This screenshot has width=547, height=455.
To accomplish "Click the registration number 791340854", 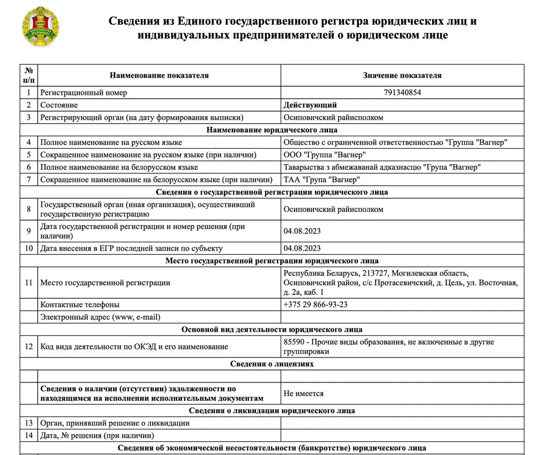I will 403,93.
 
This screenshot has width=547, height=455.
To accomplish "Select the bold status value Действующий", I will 310,105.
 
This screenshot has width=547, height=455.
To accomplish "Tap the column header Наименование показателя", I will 159,75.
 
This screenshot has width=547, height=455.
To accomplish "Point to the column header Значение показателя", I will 402,75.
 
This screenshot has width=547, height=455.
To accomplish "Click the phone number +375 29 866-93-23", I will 315,304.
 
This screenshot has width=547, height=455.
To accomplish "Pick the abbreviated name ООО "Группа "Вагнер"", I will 325,155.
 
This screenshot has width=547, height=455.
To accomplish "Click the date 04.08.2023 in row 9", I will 302,231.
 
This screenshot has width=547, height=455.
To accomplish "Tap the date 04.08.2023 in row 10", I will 302,248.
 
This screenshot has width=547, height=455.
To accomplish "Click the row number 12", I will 29,346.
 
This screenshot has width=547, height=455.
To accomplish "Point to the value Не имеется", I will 303,393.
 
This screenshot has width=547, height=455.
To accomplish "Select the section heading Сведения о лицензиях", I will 272,363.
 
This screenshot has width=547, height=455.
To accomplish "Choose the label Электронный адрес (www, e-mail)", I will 100,316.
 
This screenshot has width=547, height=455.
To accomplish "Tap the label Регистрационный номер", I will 83,93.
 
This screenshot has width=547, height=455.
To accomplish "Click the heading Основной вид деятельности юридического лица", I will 272,329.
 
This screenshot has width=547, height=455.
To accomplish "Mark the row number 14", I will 29,435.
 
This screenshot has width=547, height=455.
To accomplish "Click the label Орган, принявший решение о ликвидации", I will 115,423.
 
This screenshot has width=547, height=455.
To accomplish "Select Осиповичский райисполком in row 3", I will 333,117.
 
